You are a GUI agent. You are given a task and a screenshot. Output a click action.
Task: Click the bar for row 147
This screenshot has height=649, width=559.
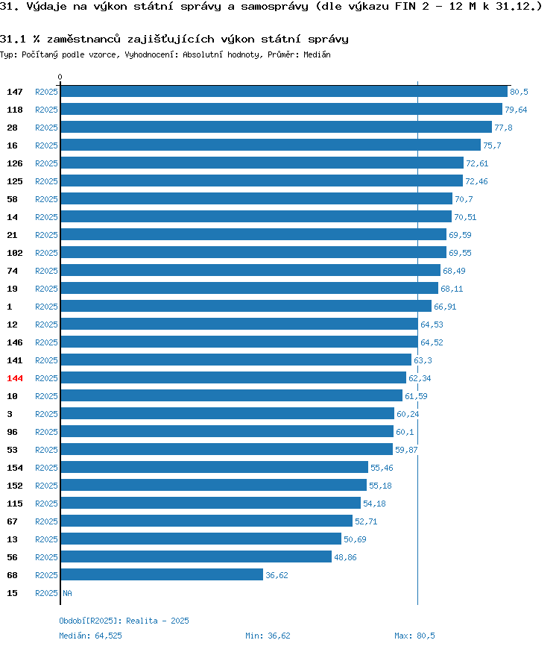tap(284, 92)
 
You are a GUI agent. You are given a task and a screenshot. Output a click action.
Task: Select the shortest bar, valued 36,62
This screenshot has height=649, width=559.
tap(162, 574)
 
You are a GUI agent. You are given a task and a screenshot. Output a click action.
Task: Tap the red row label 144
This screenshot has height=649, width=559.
tap(15, 378)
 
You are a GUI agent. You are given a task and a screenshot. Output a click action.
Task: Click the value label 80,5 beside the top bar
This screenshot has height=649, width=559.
tap(519, 92)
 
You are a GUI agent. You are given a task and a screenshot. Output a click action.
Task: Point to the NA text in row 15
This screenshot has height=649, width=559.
tap(67, 593)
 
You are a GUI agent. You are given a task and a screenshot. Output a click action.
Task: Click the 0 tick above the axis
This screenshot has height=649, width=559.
tap(60, 77)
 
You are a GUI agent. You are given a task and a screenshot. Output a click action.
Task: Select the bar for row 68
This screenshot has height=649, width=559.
tap(162, 574)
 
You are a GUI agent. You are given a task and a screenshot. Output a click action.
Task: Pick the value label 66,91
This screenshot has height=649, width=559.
tap(445, 307)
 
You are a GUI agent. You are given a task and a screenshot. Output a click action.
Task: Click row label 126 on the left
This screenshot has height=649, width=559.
tap(15, 163)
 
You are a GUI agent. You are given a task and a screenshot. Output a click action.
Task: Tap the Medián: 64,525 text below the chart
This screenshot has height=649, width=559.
tap(90, 636)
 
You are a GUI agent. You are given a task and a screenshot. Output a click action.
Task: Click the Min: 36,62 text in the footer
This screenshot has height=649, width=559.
tap(268, 636)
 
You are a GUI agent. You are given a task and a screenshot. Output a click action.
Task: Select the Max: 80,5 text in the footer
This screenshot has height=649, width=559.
tap(414, 636)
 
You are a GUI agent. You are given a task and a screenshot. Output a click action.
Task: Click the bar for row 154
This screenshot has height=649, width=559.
tap(214, 467)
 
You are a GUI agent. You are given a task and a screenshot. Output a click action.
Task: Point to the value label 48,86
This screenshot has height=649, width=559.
tap(345, 557)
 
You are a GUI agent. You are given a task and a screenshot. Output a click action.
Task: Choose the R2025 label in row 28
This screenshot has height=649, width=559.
tap(46, 128)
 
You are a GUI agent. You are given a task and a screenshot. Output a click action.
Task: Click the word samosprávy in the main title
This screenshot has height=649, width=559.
tap(274, 7)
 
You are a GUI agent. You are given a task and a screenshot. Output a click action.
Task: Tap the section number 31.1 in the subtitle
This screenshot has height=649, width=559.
tap(13, 40)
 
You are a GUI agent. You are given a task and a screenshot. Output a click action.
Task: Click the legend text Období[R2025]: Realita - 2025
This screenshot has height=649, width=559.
tap(124, 621)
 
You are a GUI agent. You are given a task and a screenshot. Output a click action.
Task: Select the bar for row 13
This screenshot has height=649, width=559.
tap(201, 539)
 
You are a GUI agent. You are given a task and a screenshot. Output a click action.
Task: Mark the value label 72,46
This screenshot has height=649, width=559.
tap(476, 181)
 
